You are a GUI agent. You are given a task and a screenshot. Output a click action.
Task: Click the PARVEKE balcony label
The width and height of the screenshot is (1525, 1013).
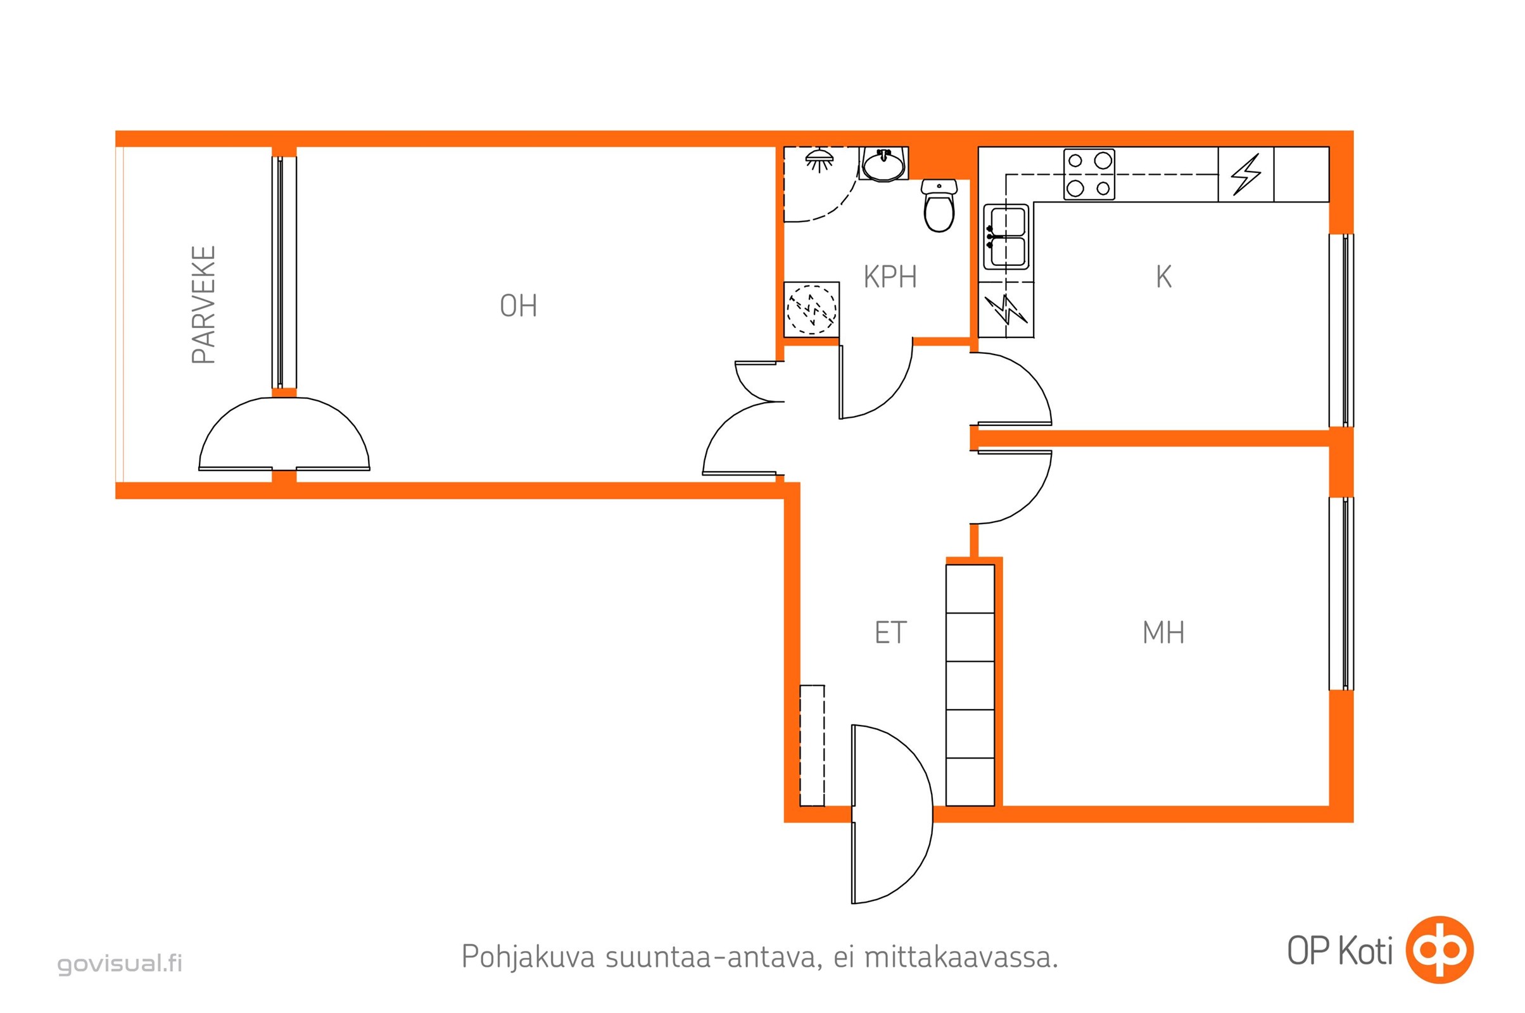203,305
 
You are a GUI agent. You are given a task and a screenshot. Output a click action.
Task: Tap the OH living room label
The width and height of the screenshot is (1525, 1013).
518,306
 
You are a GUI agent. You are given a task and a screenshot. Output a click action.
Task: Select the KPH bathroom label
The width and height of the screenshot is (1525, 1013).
890,277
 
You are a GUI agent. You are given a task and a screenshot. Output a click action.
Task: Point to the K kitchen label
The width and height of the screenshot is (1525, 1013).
1163,277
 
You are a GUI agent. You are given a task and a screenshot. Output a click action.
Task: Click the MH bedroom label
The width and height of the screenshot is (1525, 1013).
1163,632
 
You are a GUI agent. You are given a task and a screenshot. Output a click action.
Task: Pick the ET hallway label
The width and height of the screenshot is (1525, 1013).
890,632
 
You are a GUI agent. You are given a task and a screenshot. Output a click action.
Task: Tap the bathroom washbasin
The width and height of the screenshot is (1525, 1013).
883,164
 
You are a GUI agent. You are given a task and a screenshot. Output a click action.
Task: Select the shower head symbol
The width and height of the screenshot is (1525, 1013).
819,160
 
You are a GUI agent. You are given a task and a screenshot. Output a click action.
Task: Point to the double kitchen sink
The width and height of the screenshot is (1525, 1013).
1006,236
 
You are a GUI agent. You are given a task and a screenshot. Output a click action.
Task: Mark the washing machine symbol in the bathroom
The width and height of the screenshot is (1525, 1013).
812,310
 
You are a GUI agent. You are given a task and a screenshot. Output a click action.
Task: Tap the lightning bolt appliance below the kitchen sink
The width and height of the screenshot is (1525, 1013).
1006,310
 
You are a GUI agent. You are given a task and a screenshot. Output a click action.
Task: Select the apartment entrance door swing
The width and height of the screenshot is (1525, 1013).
892,814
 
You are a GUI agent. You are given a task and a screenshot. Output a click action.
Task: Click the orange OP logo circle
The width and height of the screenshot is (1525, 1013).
1440,950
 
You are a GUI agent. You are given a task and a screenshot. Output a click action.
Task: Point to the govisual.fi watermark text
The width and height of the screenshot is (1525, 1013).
120,963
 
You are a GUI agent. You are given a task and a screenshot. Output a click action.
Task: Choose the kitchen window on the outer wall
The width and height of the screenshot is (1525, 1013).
1341,330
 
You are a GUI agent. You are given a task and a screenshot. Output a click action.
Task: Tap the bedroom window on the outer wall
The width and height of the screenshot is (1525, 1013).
1341,593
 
